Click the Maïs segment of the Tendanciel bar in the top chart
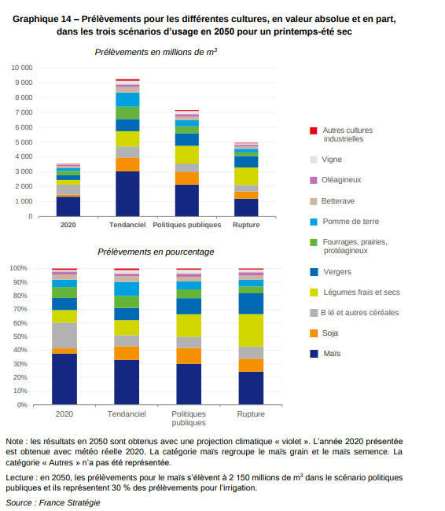click(127, 193)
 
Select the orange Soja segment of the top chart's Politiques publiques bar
click(187, 178)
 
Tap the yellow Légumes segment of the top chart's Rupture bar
click(246, 176)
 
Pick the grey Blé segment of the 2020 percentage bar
click(64, 336)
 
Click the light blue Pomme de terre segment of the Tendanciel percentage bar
click(127, 289)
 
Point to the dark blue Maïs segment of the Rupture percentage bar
click(251, 388)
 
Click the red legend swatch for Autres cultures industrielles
click(313, 131)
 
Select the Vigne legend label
click(332, 160)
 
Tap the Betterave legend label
click(338, 201)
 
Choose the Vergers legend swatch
click(314, 272)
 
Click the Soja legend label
click(330, 333)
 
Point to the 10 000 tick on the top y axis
click(22, 68)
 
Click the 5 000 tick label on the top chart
click(24, 142)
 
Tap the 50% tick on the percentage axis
click(20, 336)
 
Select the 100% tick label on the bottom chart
click(18, 268)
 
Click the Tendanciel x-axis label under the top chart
click(127, 225)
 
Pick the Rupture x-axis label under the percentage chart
click(251, 414)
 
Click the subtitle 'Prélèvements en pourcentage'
click(156, 252)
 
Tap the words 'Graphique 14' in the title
click(42, 19)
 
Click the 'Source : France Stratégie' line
click(53, 502)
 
